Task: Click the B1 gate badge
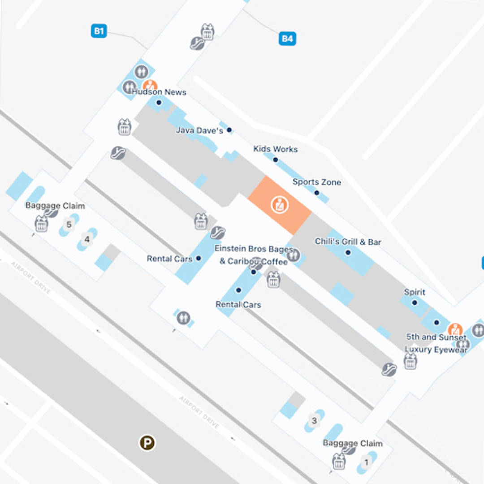point(99,31)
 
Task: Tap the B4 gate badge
point(287,39)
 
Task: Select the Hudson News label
point(159,92)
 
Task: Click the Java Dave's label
point(199,130)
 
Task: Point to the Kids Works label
point(275,149)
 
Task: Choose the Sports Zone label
point(316,182)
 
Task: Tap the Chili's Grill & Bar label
point(348,242)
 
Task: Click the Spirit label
point(415,292)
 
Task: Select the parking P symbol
point(147,443)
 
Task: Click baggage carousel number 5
point(69,225)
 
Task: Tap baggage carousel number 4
point(87,239)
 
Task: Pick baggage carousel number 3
point(314,421)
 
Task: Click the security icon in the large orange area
point(280,205)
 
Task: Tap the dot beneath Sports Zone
point(316,193)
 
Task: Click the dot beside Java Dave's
point(229,130)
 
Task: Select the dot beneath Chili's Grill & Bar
point(348,252)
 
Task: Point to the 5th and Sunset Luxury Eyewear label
point(436,343)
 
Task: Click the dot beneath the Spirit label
point(415,302)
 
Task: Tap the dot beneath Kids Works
point(275,160)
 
